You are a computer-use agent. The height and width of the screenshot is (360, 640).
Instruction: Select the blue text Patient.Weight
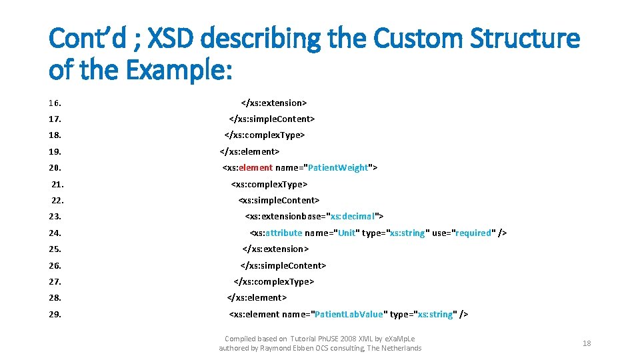341,168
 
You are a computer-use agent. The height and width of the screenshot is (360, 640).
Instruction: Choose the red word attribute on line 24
283,233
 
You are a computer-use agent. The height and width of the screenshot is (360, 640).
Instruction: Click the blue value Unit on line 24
347,233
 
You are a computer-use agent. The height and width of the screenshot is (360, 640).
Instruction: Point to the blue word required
473,233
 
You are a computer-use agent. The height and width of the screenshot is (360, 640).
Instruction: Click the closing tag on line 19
249,152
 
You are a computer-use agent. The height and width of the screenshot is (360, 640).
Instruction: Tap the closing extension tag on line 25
275,249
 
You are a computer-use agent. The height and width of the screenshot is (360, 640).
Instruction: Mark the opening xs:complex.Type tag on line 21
269,185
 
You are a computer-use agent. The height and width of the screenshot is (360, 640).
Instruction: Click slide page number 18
587,343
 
